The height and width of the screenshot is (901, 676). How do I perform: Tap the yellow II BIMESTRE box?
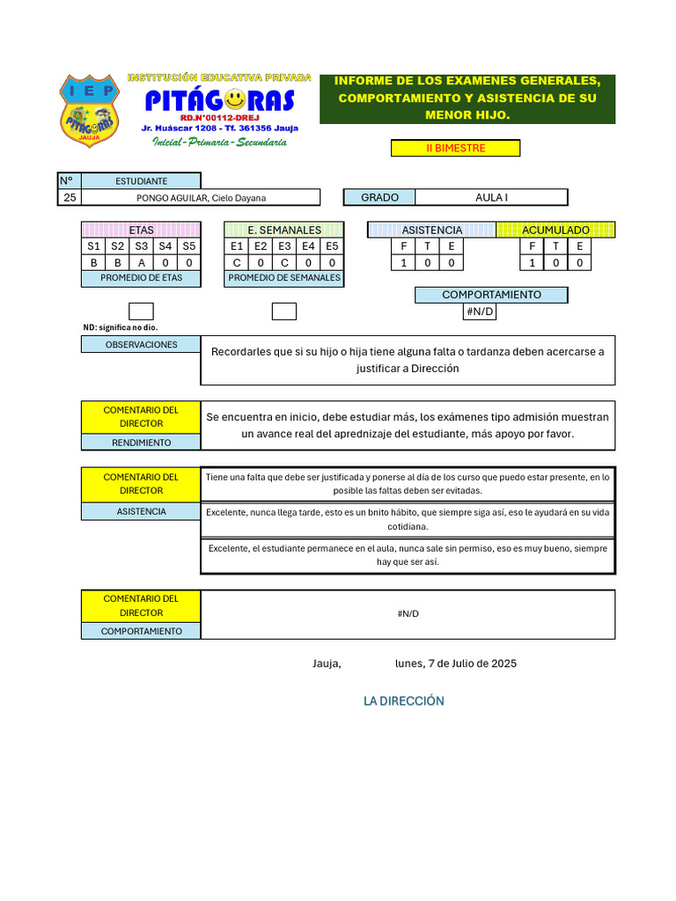click(455, 148)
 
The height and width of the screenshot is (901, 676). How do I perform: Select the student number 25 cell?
click(70, 198)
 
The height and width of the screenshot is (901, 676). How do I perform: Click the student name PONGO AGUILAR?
click(201, 198)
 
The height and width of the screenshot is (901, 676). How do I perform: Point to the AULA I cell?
click(491, 198)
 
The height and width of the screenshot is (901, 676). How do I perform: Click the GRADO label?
click(379, 198)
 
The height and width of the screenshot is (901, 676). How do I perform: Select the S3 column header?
click(141, 246)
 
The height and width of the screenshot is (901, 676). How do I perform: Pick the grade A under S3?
click(141, 262)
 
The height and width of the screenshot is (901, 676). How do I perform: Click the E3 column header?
click(284, 246)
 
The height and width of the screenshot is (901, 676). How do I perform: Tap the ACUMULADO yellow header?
click(555, 231)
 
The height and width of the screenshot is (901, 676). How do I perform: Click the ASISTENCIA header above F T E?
click(431, 231)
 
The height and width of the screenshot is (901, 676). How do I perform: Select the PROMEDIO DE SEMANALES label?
click(283, 278)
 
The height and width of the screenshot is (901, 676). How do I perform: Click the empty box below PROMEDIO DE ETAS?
click(141, 311)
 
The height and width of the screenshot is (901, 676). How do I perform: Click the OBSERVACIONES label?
click(141, 345)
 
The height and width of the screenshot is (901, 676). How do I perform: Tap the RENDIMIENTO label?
click(141, 443)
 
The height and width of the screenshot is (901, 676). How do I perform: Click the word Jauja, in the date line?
click(327, 663)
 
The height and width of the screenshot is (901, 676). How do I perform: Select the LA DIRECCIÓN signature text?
click(404, 701)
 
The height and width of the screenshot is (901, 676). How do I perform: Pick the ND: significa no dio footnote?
click(121, 327)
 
